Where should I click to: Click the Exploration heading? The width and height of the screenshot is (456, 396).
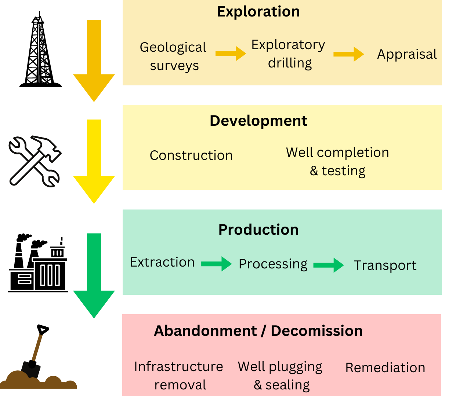tap(258, 12)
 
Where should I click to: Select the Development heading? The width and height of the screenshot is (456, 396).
tap(258, 121)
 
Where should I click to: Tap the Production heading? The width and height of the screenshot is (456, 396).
tap(258, 230)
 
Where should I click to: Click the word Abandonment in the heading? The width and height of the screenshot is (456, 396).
tap(205, 331)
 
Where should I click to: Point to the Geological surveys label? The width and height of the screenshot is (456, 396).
tap(173, 56)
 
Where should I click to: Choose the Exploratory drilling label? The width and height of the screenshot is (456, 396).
tap(289, 54)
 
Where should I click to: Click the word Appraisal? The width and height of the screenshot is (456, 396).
tap(407, 54)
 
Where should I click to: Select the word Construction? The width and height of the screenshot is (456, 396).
tap(191, 155)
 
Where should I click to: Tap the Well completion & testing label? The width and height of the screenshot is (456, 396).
tap(337, 161)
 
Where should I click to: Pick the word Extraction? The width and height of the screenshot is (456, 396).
tap(162, 262)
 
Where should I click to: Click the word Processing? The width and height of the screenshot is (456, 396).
tap(273, 264)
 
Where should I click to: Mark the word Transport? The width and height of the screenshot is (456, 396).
tap(385, 265)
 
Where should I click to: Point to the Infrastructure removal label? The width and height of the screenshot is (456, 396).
tap(179, 375)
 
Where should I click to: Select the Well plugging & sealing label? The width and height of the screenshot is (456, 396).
tap(281, 375)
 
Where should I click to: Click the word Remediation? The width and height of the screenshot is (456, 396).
tap(385, 367)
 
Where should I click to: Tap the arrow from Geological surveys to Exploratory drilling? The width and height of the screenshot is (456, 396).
tap(231, 54)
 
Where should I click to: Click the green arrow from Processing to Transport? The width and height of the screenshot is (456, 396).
tap(329, 265)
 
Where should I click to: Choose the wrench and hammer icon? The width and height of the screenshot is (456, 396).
tap(35, 161)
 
